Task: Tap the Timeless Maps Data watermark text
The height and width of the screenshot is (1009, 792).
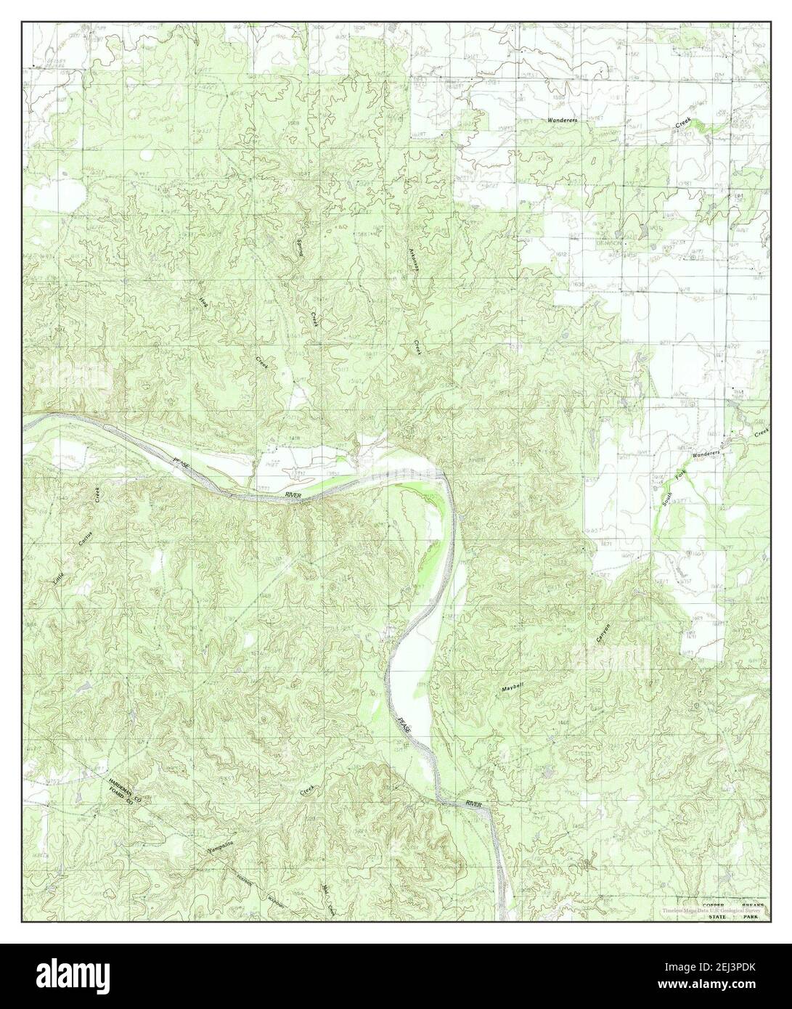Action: click(x=697, y=912)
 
